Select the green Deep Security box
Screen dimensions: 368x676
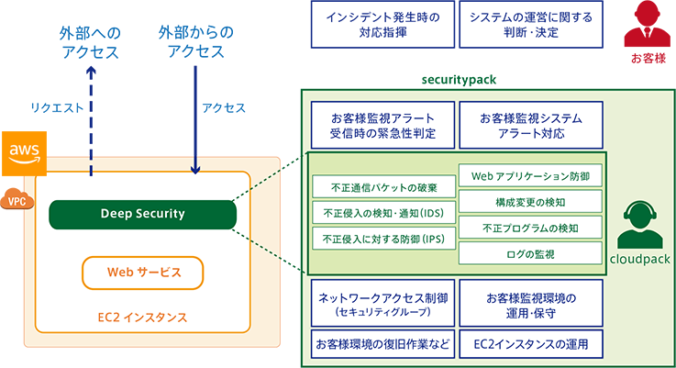[142, 214]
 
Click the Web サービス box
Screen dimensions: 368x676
[142, 273]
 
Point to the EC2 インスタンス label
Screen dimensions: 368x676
[142, 318]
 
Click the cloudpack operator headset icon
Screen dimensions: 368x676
[640, 226]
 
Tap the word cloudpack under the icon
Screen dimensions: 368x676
[640, 260]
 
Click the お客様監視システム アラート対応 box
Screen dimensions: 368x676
[531, 126]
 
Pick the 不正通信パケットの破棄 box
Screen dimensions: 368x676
[381, 188]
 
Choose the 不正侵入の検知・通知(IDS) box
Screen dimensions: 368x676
[381, 213]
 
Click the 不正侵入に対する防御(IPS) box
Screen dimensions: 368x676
[381, 238]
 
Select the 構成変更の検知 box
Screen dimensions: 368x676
[530, 201]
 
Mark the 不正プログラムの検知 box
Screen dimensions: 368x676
[530, 227]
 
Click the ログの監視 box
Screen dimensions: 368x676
[530, 252]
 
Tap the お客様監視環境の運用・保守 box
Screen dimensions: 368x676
[531, 304]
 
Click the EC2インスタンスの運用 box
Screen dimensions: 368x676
[531, 345]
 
